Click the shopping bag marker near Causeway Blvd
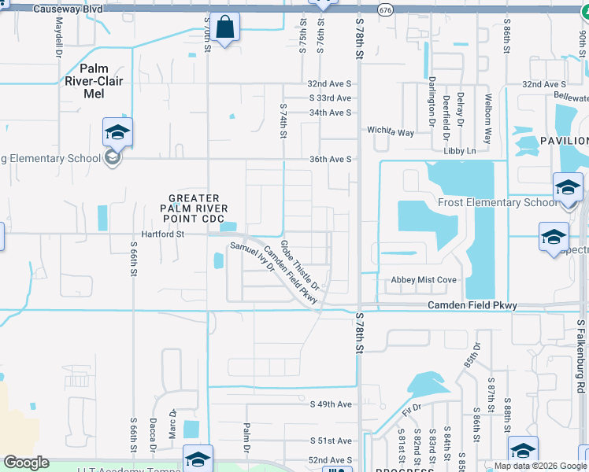point(225,27)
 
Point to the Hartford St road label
point(162,234)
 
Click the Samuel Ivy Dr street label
point(251,256)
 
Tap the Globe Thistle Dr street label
point(299,264)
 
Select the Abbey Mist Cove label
point(424,280)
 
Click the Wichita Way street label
point(391,132)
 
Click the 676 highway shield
point(385,9)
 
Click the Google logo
point(26,463)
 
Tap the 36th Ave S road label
point(330,159)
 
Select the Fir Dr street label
point(408,411)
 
